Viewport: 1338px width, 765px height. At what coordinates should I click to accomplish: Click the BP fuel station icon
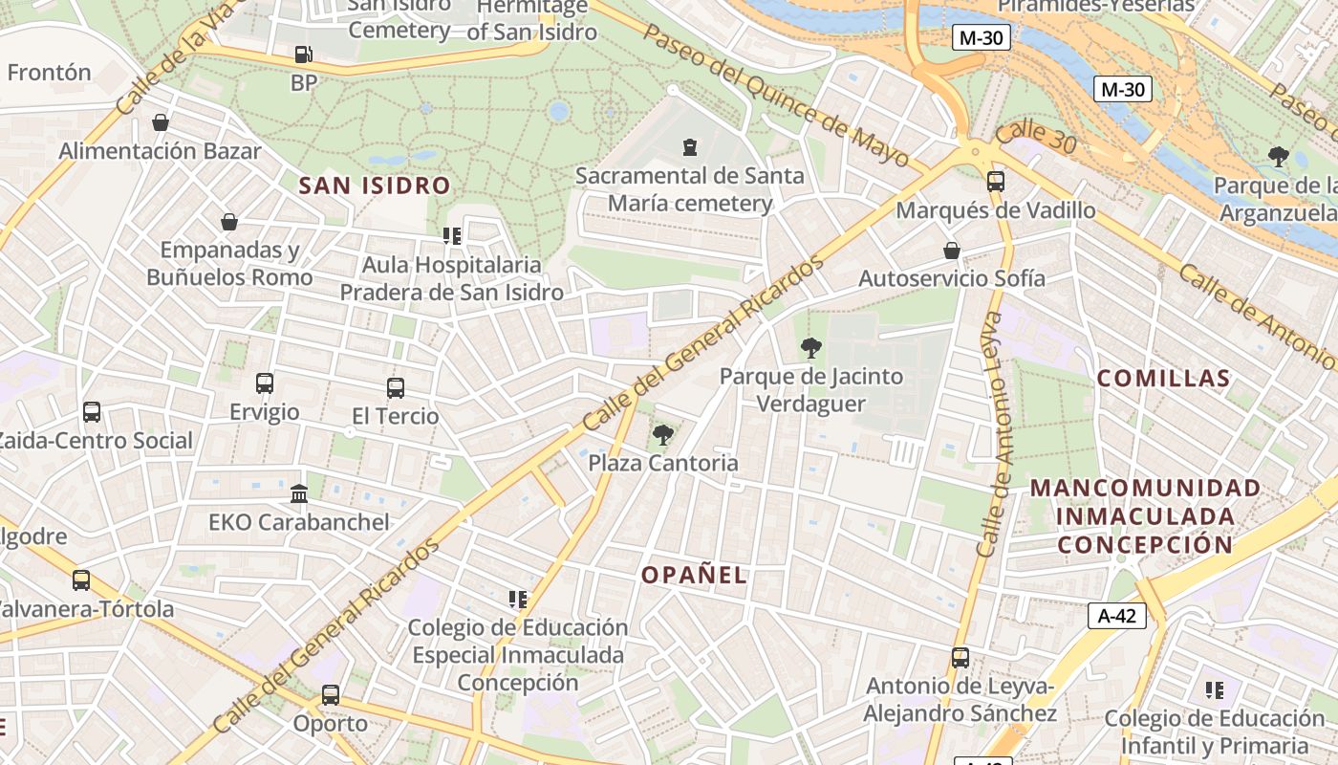coord(303,55)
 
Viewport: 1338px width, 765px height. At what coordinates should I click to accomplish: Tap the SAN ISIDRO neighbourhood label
coord(375,186)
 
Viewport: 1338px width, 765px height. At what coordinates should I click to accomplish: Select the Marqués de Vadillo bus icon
coord(996,182)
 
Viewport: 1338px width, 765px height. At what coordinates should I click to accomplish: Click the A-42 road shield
coord(1116,616)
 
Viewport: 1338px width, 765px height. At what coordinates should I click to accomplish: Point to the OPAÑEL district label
coord(694,576)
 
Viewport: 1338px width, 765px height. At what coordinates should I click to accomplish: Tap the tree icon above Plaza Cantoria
coord(661,436)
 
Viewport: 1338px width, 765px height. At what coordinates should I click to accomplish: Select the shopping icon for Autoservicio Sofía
coord(952,251)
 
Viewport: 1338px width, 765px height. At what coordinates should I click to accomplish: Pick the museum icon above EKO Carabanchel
coord(298,494)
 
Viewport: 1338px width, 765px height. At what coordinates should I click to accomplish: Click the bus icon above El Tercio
coord(396,388)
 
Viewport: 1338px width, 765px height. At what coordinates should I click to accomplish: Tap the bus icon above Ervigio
coord(265,383)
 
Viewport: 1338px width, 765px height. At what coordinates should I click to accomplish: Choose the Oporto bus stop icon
coord(331,695)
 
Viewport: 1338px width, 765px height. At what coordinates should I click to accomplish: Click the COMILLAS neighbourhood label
coord(1163,379)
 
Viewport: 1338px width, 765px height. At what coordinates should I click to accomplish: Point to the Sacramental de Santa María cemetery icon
coord(690,147)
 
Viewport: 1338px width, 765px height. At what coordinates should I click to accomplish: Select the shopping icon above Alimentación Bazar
coord(161,123)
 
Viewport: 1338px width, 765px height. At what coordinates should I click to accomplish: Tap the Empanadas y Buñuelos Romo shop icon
coord(229,223)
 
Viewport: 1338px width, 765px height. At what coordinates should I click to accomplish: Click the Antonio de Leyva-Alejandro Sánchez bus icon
coord(960,658)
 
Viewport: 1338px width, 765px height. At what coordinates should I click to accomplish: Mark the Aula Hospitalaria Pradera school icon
coord(452,236)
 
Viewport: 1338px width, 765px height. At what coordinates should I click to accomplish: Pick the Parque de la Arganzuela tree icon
coord(1279,157)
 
